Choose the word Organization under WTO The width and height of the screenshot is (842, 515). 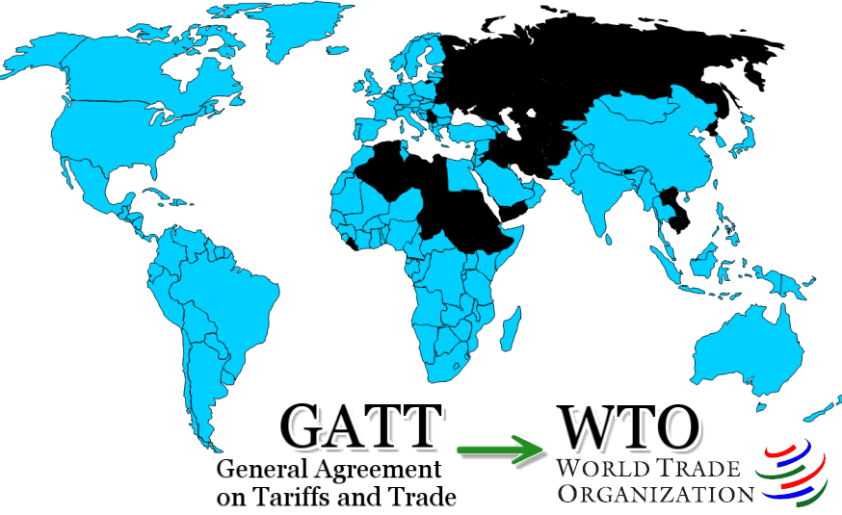655,494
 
